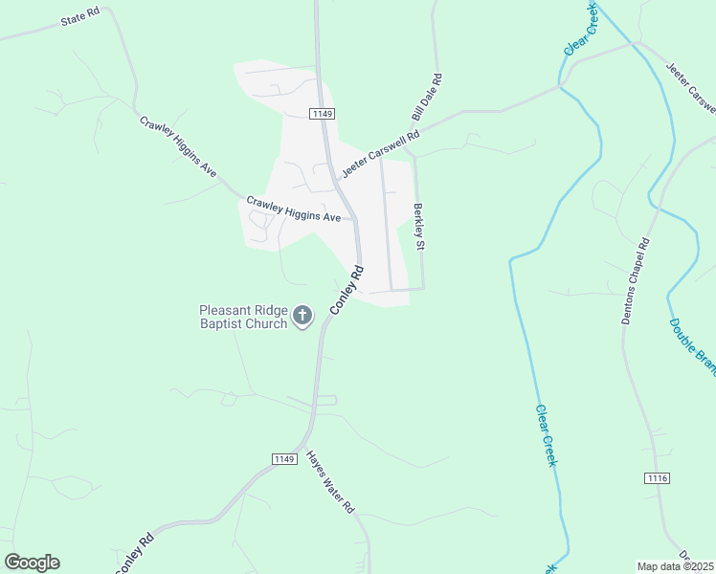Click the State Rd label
tap(80, 18)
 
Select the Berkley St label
tap(418, 227)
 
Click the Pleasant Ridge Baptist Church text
tap(243, 317)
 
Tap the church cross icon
tap(302, 316)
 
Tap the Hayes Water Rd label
tap(331, 483)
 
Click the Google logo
tap(32, 563)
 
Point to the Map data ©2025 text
tap(675, 566)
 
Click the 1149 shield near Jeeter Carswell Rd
tap(322, 114)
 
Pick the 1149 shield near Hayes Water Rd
tap(283, 459)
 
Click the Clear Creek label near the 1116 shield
tap(546, 435)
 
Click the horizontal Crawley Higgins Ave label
tap(294, 210)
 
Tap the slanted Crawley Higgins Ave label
tap(178, 146)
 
